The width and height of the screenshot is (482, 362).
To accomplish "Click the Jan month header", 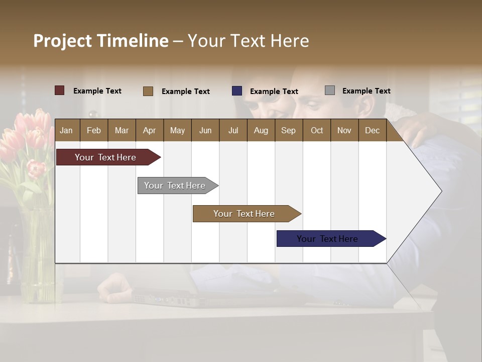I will (x=66, y=130).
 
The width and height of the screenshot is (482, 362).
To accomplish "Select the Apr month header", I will (x=149, y=130).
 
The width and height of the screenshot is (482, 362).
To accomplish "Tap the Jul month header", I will (x=233, y=130).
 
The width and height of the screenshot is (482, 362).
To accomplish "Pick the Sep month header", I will (x=288, y=130).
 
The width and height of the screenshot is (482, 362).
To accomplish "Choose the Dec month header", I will (x=372, y=130).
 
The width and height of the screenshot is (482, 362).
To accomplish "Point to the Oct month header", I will (x=317, y=130).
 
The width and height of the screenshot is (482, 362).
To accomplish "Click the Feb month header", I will (x=94, y=130).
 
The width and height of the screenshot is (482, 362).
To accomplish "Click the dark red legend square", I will (x=60, y=90).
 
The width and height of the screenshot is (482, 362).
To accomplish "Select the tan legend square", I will (x=148, y=91).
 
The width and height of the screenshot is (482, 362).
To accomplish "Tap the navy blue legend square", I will (x=237, y=91).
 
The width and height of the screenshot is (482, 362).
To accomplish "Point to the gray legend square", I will (x=330, y=90).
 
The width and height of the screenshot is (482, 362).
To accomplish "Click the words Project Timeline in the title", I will (x=101, y=41).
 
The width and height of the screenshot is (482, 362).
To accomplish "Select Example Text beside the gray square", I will (x=366, y=91).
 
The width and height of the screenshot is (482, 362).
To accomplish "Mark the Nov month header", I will (x=344, y=130).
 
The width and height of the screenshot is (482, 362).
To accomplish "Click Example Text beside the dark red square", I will (x=97, y=91).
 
